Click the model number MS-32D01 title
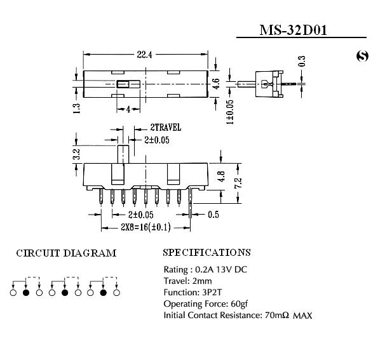coord(293,30)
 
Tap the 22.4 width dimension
coord(144,55)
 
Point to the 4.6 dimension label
coord(217,84)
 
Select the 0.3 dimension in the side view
coord(302,61)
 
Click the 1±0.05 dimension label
coord(230,112)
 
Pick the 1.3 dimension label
coord(76,109)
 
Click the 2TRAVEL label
coord(165,128)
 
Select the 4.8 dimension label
coord(222,177)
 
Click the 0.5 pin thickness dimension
coord(213,215)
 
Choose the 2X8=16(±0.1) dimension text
coord(145,227)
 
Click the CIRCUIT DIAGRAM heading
coord(66,253)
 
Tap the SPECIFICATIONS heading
coord(206,252)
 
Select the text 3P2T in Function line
coord(212,292)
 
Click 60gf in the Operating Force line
coord(240,303)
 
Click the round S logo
coord(362,57)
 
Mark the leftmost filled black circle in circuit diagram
coord(26,293)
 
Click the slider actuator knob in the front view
coord(123,154)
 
